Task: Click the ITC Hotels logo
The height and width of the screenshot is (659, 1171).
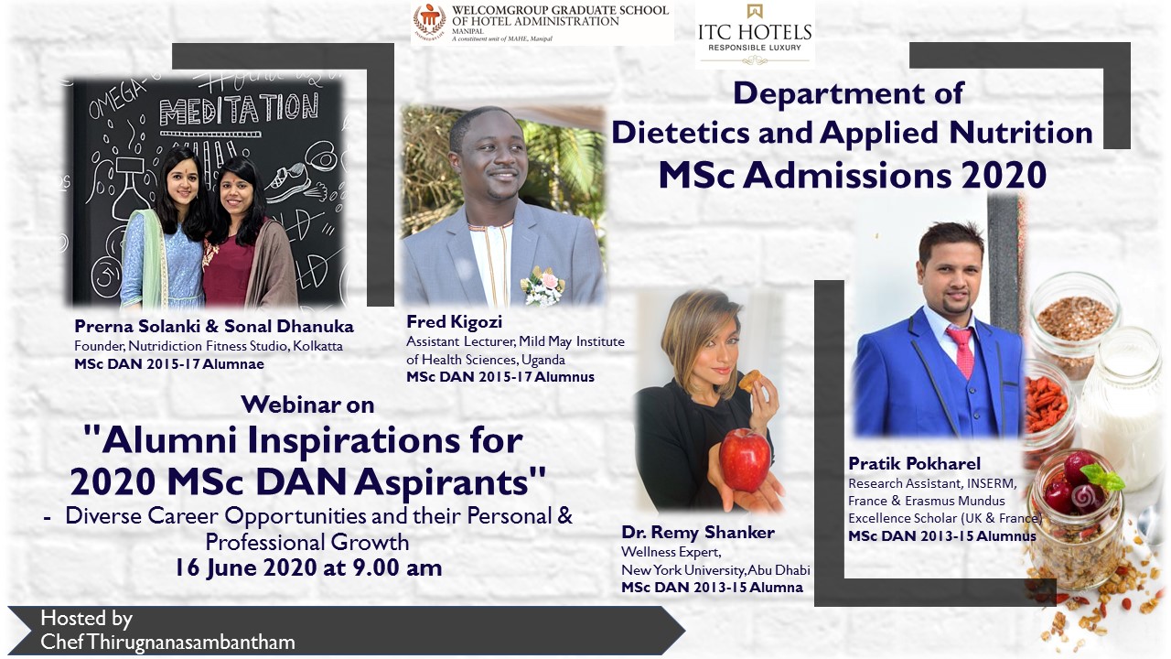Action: tap(755, 34)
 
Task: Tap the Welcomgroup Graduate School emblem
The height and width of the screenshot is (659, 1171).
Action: tap(430, 22)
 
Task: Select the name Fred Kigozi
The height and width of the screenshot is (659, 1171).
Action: tap(455, 321)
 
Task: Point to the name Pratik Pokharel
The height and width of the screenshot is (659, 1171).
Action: tap(914, 463)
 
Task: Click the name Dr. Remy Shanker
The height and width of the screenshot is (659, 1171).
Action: tap(698, 533)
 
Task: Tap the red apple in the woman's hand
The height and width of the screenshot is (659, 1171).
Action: tap(745, 459)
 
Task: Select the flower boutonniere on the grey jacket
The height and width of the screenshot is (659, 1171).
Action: tap(543, 286)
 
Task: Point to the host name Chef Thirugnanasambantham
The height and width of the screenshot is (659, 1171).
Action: tap(167, 643)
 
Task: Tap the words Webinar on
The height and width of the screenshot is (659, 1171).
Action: tap(307, 405)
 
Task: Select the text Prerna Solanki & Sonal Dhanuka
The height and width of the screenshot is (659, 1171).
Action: tap(214, 327)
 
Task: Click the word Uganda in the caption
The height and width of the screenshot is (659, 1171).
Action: tap(543, 361)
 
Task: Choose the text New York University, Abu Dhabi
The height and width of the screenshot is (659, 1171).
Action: tap(715, 570)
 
